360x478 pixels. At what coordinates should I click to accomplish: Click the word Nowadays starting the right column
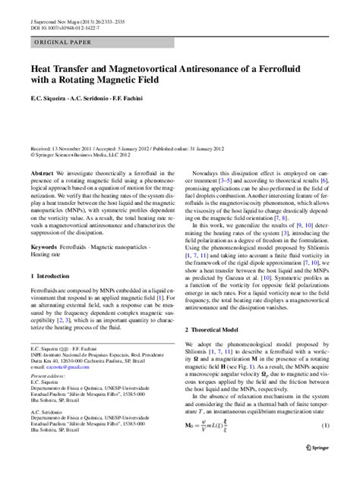[x=207, y=175]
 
